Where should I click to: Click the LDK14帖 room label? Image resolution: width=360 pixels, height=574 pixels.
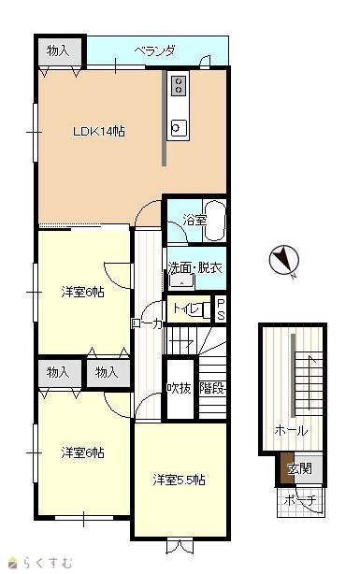point(99,131)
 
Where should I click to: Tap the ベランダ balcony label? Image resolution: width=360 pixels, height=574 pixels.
point(154,50)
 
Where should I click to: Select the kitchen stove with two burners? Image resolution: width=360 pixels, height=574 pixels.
point(179,85)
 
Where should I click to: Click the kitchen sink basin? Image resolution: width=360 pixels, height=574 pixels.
point(179,128)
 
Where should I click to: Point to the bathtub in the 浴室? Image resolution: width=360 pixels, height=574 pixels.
point(214,221)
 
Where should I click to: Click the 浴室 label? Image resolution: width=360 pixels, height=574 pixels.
point(194,220)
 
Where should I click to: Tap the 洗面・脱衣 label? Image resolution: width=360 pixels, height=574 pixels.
point(195,268)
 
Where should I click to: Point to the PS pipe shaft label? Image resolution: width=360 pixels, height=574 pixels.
point(221,309)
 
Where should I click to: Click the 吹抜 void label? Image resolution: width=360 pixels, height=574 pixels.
point(180,388)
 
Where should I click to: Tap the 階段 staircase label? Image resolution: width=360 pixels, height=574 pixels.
point(212,388)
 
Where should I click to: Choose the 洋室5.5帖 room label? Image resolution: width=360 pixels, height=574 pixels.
point(179,480)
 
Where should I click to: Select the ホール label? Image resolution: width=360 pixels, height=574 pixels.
point(291,430)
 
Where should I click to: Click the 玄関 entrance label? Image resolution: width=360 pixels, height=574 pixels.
point(299,468)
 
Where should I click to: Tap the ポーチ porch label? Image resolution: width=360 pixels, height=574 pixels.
point(300,500)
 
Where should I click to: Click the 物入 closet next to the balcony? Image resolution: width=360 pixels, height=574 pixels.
point(58,50)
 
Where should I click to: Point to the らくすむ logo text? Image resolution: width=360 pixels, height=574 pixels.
point(48,563)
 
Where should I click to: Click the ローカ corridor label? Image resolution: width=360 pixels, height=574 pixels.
point(147,323)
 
